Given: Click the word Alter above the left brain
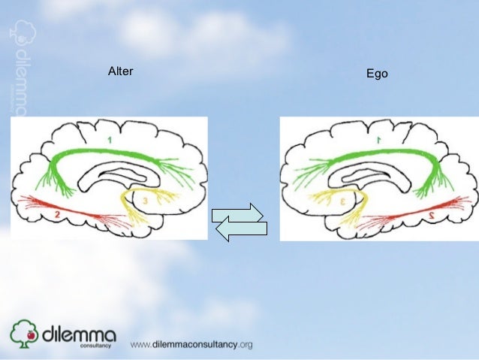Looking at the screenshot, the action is coord(121,72).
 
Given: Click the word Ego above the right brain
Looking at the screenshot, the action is coord(376,74).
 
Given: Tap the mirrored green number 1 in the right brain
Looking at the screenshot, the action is coord(378,140).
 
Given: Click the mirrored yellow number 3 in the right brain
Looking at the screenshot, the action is coord(342,201).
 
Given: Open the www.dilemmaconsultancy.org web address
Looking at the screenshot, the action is coord(191,345).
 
